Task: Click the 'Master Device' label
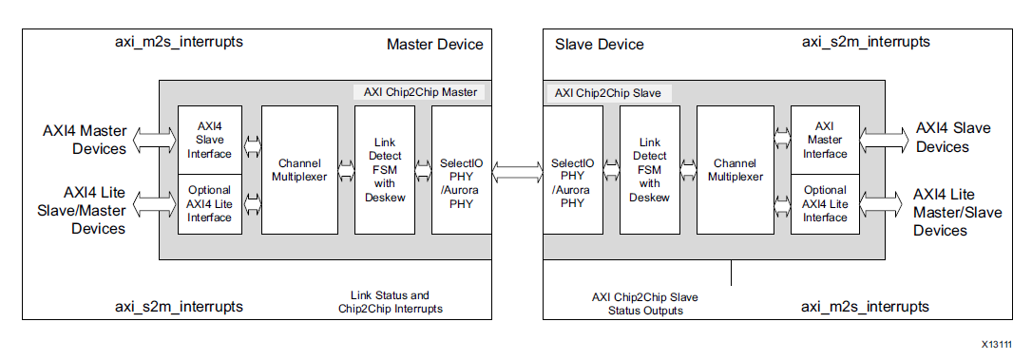click(434, 45)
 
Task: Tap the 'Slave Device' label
click(599, 45)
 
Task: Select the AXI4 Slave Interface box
click(209, 140)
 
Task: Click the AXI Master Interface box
click(824, 140)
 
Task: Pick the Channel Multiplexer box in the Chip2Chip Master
click(298, 170)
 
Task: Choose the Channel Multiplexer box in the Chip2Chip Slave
click(735, 170)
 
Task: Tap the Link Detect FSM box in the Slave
click(649, 170)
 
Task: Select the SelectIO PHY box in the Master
click(461, 170)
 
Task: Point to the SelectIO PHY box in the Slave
click(573, 170)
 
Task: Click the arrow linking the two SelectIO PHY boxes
click(517, 171)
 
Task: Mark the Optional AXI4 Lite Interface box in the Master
click(209, 203)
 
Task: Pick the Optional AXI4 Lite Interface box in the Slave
click(824, 203)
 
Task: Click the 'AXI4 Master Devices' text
click(84, 140)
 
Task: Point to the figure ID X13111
click(997, 345)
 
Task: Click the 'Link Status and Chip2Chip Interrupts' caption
click(390, 302)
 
